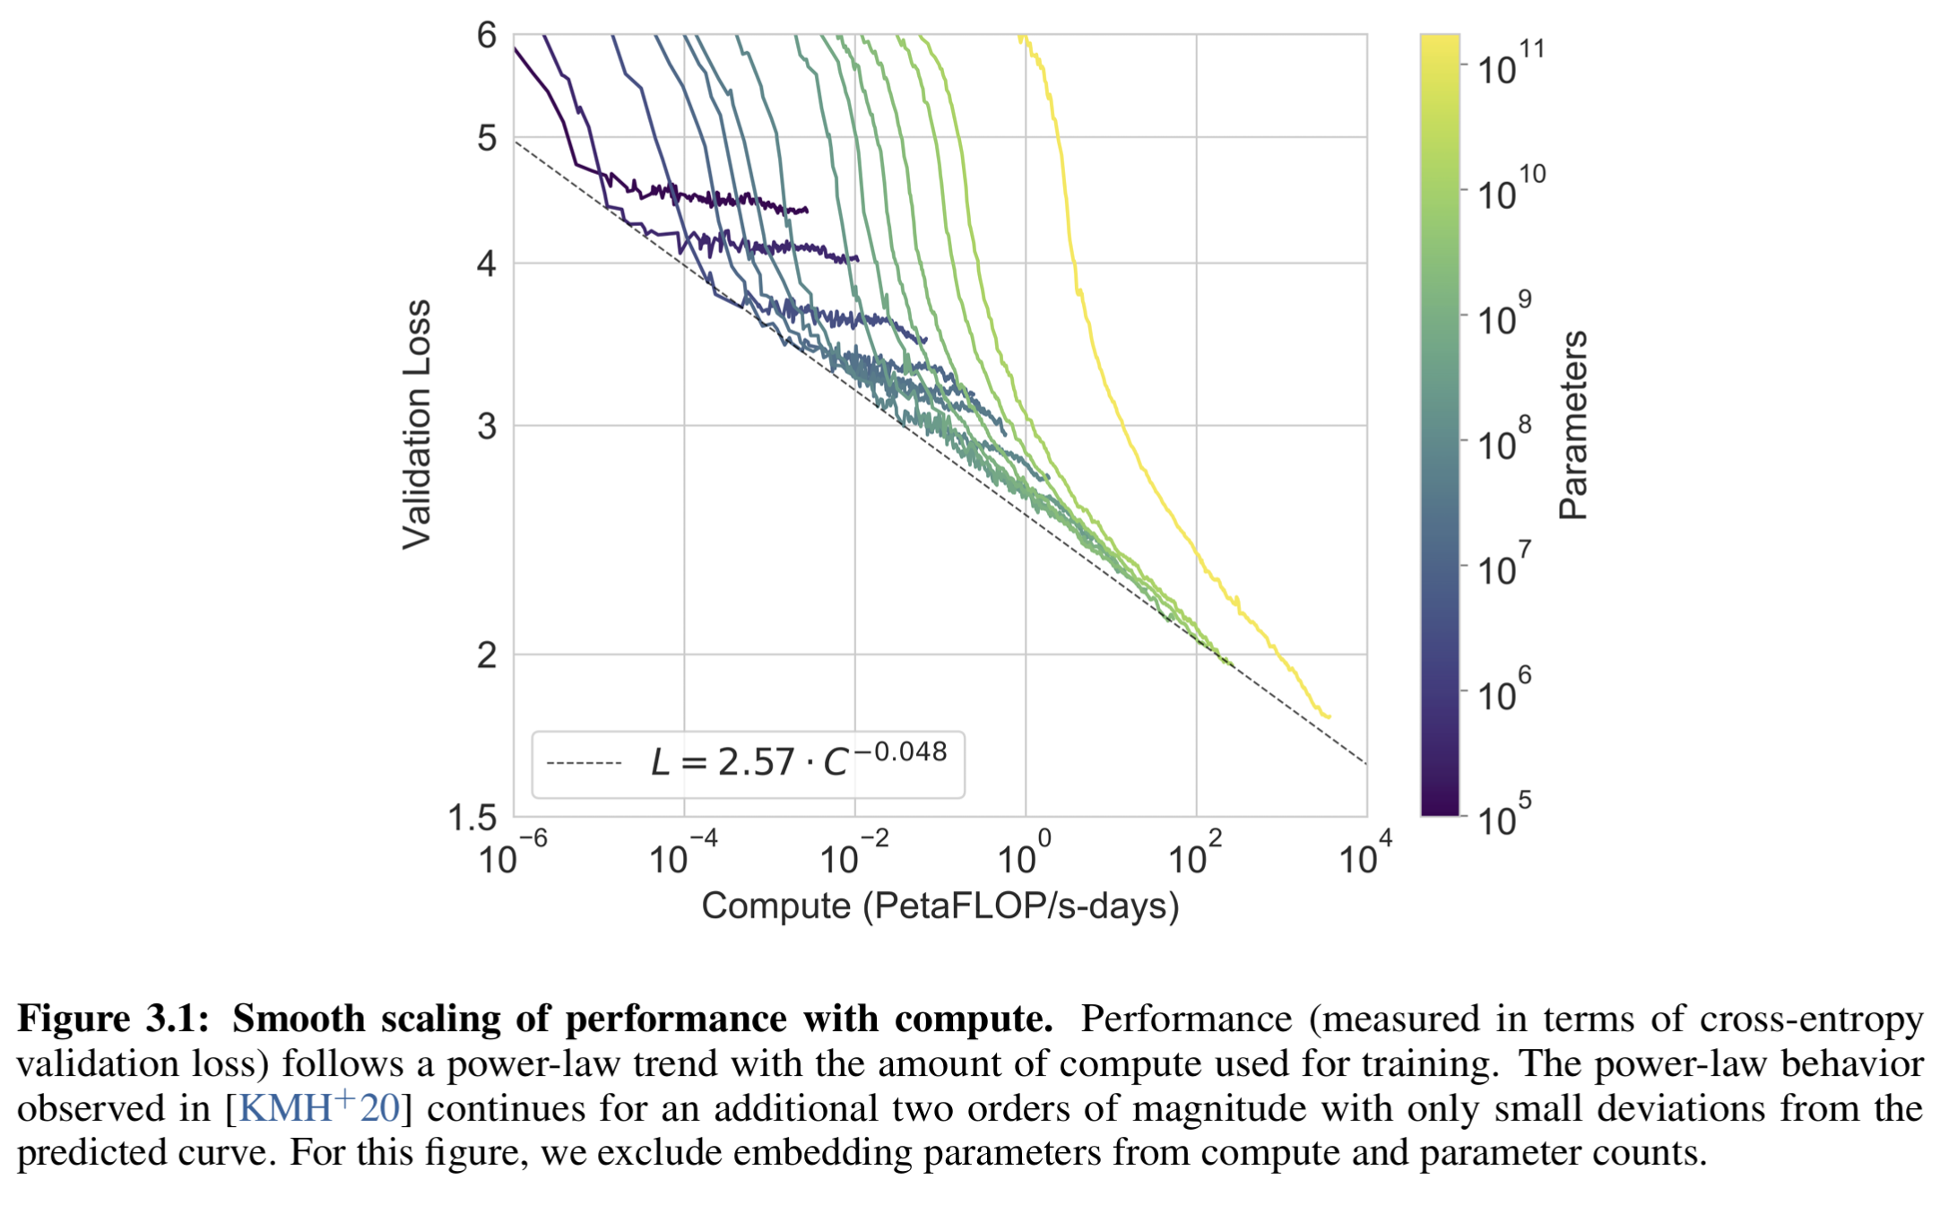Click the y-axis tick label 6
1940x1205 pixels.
coord(486,36)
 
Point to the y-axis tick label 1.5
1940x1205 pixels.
coord(472,818)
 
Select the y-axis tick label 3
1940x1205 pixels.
coord(487,427)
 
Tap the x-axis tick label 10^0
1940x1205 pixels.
coord(1024,854)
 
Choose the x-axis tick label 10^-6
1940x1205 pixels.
coord(512,854)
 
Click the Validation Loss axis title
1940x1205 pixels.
coord(417,424)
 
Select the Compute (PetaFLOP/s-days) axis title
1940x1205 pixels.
coord(940,906)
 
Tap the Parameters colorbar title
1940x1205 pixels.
coord(1573,425)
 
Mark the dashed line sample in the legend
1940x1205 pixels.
coord(584,764)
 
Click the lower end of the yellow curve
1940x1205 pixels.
coord(1329,716)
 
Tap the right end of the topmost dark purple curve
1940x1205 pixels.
coord(807,211)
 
